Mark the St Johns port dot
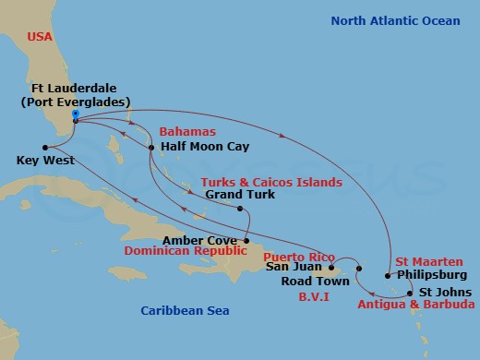(x=410, y=292)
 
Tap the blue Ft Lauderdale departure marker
(x=74, y=115)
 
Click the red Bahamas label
(x=180, y=133)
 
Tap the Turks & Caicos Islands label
(x=271, y=182)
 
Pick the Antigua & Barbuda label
(x=416, y=304)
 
